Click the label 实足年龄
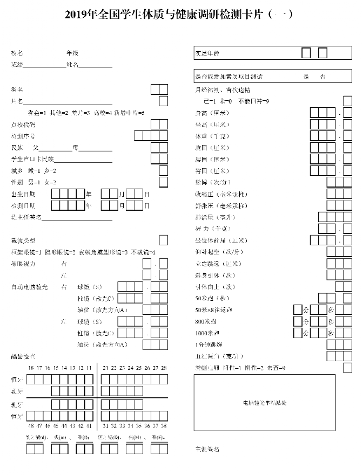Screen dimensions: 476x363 (x=207, y=53)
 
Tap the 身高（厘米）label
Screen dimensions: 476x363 (x=212, y=113)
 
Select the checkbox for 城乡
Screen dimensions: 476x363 (x=163, y=170)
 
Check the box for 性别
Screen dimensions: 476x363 (x=163, y=182)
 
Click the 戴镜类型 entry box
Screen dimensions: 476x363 (x=163, y=240)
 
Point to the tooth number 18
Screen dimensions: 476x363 (x=31, y=368)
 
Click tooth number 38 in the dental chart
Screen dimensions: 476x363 (x=164, y=426)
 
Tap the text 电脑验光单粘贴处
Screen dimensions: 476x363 (x=264, y=403)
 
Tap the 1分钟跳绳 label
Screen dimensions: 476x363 (x=208, y=344)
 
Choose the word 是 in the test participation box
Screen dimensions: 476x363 (x=306, y=77)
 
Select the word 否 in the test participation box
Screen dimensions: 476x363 (x=323, y=77)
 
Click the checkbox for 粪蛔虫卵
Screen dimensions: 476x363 (x=347, y=368)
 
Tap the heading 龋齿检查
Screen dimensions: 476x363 (x=23, y=356)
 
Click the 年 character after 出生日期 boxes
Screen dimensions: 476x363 (x=89, y=194)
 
